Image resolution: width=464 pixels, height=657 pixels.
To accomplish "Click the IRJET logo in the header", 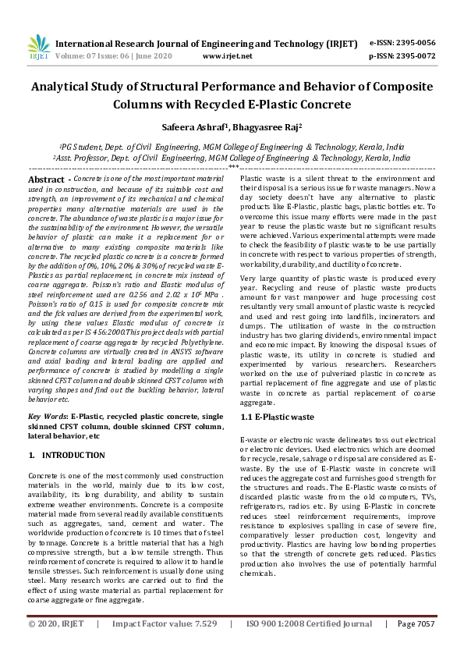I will pos(38,48).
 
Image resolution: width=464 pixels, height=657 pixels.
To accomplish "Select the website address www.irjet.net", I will pos(227,56).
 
